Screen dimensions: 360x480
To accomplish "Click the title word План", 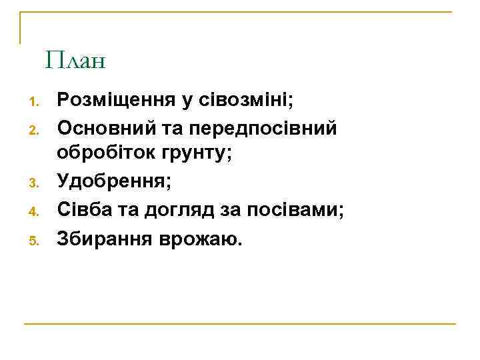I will (x=76, y=62).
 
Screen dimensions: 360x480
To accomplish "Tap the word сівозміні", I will (x=242, y=101).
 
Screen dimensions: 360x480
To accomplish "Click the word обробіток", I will (x=105, y=153).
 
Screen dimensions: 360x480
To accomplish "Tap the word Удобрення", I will (x=111, y=181).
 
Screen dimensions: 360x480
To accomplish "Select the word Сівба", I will (x=81, y=210).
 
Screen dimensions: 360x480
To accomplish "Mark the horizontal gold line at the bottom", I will (x=240, y=324).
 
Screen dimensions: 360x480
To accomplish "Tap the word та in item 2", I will (x=173, y=125).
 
